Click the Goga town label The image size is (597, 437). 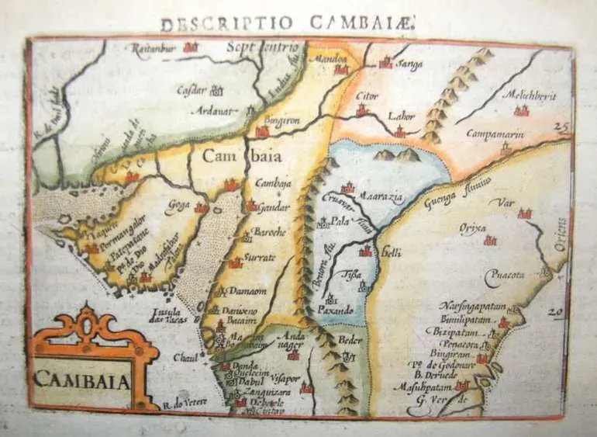(x=178, y=205)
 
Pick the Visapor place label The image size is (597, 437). (x=287, y=379)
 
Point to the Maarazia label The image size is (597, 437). (x=381, y=199)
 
